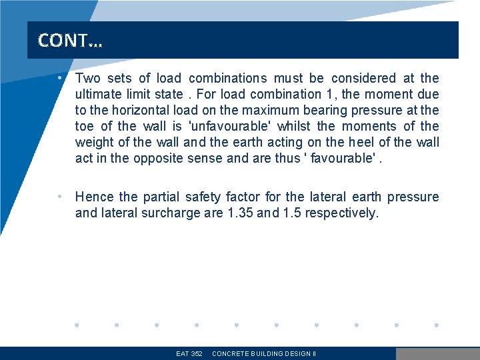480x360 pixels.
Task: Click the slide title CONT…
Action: pos(70,41)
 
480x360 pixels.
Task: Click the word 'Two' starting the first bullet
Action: pos(87,79)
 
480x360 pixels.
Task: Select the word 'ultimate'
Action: pos(97,95)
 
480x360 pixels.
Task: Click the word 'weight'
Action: pos(95,143)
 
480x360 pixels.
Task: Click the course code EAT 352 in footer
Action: pos(189,354)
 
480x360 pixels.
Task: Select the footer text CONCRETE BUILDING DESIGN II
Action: pos(264,354)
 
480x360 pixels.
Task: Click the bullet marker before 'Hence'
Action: pos(60,197)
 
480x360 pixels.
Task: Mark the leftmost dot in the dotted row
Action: pos(77,325)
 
